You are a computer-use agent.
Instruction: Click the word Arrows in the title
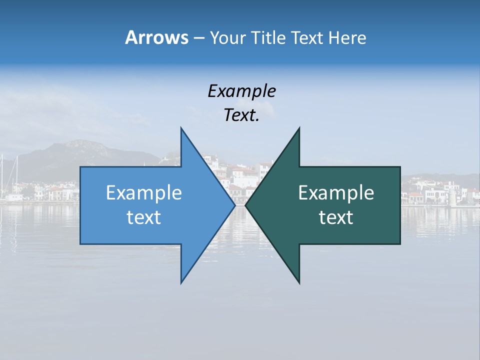point(156,37)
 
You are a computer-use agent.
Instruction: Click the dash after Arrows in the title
point(198,38)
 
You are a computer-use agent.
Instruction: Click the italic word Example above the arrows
point(241,91)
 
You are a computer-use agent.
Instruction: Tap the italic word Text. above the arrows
point(241,115)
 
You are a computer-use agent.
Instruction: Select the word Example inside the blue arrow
point(144,193)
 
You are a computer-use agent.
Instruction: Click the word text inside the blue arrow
point(144,217)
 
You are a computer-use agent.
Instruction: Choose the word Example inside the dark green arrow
point(336,193)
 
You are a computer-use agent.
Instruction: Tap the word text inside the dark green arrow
point(336,217)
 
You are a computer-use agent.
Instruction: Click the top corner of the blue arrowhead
point(181,128)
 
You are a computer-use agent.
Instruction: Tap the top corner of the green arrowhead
point(299,128)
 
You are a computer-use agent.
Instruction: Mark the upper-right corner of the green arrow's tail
point(399,167)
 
